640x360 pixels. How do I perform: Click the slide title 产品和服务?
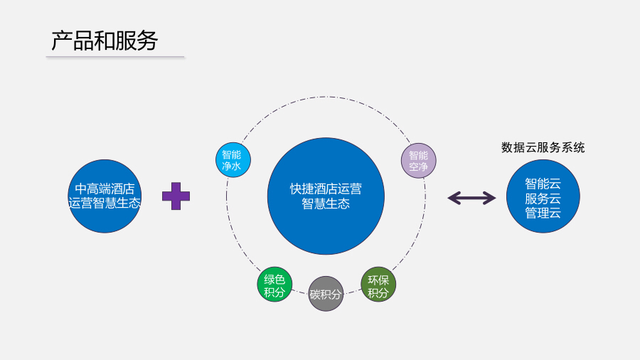click(104, 41)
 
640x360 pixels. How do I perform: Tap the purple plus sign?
click(176, 196)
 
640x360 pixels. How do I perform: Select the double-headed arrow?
click(471, 198)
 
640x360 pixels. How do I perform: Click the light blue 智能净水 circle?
click(233, 160)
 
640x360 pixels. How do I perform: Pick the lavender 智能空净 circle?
click(418, 161)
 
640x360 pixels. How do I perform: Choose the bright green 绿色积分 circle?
click(274, 285)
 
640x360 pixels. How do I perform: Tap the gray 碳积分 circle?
click(326, 294)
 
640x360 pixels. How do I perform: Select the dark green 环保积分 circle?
click(378, 285)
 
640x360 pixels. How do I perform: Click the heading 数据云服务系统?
click(543, 147)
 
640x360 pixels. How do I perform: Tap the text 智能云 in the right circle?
click(543, 184)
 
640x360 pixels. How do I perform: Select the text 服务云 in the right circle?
click(543, 198)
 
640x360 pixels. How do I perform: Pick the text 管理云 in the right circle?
click(543, 212)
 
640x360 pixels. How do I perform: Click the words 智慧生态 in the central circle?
click(326, 203)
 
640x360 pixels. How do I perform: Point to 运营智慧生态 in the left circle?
click(105, 203)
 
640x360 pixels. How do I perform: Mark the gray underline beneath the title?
click(114, 56)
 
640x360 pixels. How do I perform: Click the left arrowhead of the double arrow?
click(452, 198)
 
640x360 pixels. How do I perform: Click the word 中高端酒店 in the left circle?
click(105, 189)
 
